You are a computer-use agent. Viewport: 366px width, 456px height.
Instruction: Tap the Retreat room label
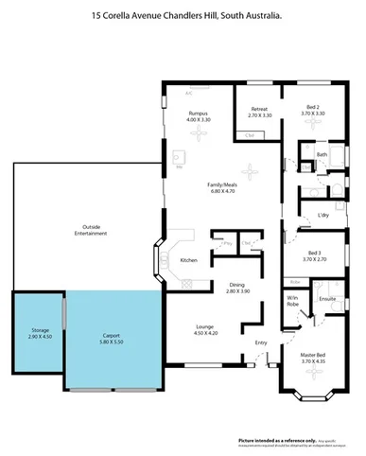[259, 109]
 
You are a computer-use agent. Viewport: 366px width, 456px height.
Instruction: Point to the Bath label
[322, 154]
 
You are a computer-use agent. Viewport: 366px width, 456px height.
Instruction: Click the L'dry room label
[323, 215]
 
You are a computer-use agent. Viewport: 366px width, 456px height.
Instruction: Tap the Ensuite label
[327, 298]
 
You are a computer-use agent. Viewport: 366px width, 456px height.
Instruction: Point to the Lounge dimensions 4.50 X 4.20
[205, 332]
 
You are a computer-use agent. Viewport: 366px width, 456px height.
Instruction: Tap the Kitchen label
[189, 260]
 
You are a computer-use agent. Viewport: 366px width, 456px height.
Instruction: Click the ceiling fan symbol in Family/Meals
[252, 172]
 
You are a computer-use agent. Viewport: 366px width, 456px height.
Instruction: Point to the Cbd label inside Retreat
[249, 136]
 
